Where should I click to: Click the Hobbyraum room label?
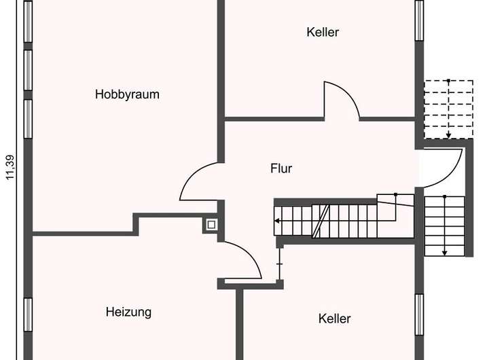[x=127, y=94]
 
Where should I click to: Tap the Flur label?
[x=281, y=168]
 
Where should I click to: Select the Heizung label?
[x=128, y=312]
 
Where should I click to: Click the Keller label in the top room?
[x=323, y=32]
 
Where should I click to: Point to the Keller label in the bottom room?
[x=335, y=318]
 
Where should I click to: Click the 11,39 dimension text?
[x=10, y=167]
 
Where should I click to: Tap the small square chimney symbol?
[x=211, y=224]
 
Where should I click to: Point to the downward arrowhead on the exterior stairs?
[x=445, y=252]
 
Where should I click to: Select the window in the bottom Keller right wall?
[x=419, y=314]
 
